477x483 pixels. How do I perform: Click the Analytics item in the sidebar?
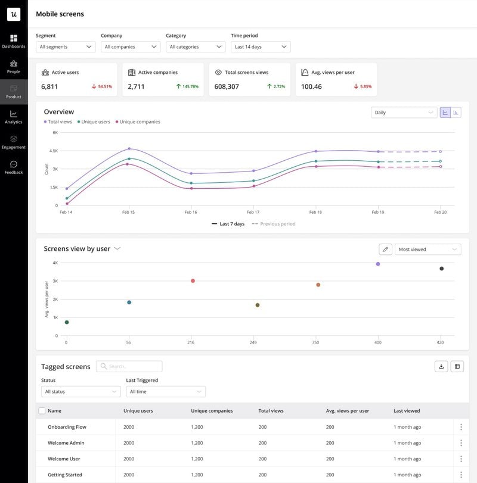tap(14, 117)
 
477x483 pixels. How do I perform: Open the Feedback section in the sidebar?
tap(14, 167)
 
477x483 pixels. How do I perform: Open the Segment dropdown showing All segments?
tap(66, 46)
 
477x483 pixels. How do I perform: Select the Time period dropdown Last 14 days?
tap(261, 46)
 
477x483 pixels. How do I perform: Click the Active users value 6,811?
tap(49, 86)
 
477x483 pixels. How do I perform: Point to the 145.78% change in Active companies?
tap(187, 86)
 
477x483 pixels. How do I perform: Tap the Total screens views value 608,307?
tap(227, 86)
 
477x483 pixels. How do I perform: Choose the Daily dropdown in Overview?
tap(404, 112)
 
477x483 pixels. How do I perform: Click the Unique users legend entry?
tap(95, 122)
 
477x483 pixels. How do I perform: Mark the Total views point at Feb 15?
tap(129, 149)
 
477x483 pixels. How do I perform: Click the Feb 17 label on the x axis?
tap(253, 212)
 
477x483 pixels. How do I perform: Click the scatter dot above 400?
tap(377, 264)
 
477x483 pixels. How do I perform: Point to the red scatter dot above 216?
tap(193, 281)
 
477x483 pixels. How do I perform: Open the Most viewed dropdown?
tap(428, 250)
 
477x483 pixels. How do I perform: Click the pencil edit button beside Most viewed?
tap(385, 250)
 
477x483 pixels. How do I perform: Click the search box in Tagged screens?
tap(129, 366)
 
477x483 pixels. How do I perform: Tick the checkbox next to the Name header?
tap(42, 411)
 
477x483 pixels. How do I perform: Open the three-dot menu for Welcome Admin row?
tap(461, 443)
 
